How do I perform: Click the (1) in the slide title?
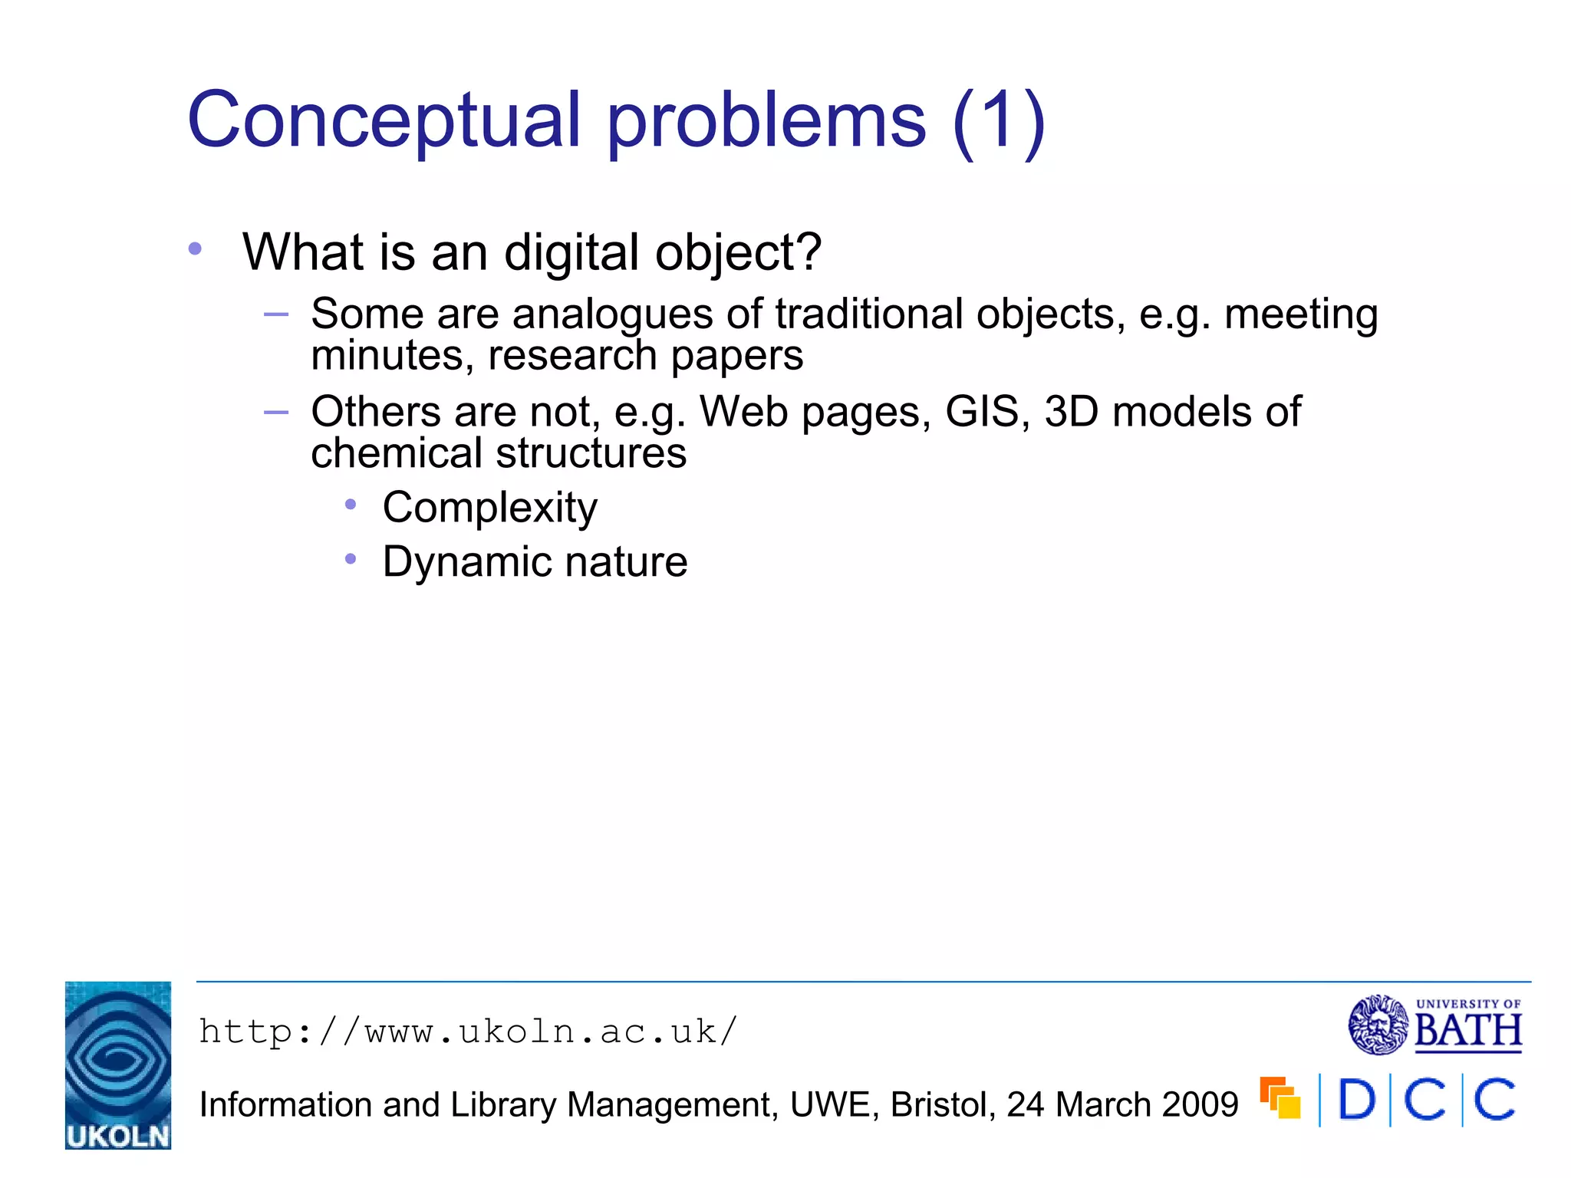tap(999, 120)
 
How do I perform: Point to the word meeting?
tap(1301, 314)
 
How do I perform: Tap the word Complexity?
tap(489, 508)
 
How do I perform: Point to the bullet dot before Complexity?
tap(351, 505)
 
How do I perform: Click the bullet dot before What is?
tap(195, 248)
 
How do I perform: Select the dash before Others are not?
tap(275, 413)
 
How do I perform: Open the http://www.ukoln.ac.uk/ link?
tap(468, 1032)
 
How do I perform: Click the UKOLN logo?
tap(118, 1065)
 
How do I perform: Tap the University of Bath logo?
tap(1434, 1025)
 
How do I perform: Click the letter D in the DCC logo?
tap(1356, 1101)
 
